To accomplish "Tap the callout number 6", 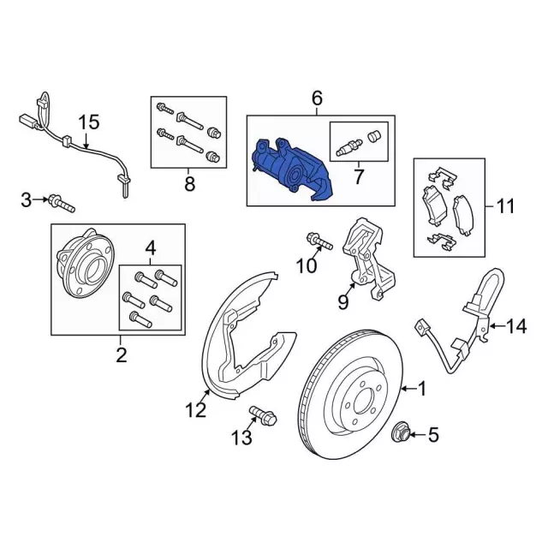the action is pyautogui.click(x=317, y=98).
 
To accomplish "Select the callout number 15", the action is pyautogui.click(x=89, y=122).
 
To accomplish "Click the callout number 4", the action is pyautogui.click(x=151, y=248).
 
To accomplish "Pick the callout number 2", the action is pyautogui.click(x=121, y=355).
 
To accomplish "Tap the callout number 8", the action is pyautogui.click(x=189, y=183).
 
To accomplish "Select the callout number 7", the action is pyautogui.click(x=359, y=177).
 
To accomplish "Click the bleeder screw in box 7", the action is pyautogui.click(x=349, y=147).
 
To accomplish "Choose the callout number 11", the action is pyautogui.click(x=505, y=206).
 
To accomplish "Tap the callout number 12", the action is pyautogui.click(x=196, y=410).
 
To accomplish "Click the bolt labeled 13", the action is pyautogui.click(x=263, y=415).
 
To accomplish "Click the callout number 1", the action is pyautogui.click(x=423, y=389).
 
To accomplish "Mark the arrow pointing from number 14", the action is pyautogui.click(x=497, y=326).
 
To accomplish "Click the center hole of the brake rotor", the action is pyautogui.click(x=366, y=402).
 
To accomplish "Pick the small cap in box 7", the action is pyautogui.click(x=373, y=136).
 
